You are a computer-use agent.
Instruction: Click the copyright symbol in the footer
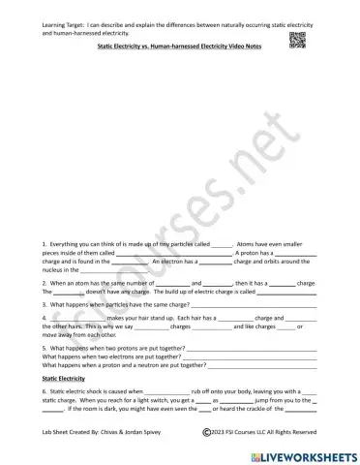click(x=206, y=432)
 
